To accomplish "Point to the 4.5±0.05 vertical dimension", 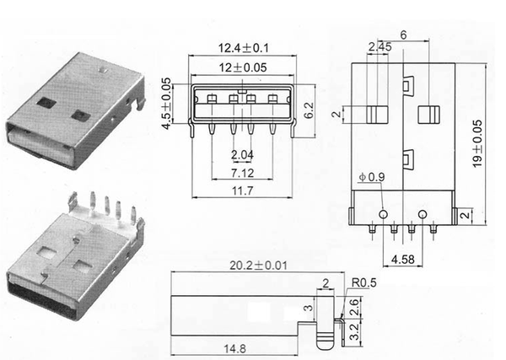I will click(x=166, y=104).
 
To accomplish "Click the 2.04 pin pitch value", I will click(x=241, y=154).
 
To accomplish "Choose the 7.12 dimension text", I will click(x=241, y=172).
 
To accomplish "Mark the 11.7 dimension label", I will click(x=241, y=191).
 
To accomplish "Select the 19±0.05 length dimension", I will click(x=478, y=140).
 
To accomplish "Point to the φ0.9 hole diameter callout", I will click(x=371, y=177).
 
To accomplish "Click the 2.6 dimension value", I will click(x=354, y=306).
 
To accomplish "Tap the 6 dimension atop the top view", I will click(x=405, y=35).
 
